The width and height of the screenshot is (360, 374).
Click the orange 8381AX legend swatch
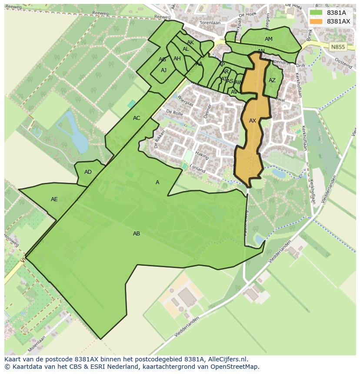[316, 21]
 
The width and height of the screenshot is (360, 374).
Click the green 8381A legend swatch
[316, 13]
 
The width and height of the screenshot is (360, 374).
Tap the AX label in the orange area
[253, 121]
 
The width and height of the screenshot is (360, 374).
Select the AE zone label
[54, 199]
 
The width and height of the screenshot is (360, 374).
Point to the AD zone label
[88, 172]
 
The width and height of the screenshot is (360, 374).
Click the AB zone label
[137, 234]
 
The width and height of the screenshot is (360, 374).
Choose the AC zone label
[137, 118]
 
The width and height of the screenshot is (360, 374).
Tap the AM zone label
[269, 39]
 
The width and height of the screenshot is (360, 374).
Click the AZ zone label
[272, 80]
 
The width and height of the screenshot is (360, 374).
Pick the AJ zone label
[163, 70]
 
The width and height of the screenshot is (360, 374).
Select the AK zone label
[190, 43]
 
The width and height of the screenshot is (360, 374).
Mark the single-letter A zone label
[157, 182]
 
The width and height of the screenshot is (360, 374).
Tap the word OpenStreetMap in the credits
[236, 367]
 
